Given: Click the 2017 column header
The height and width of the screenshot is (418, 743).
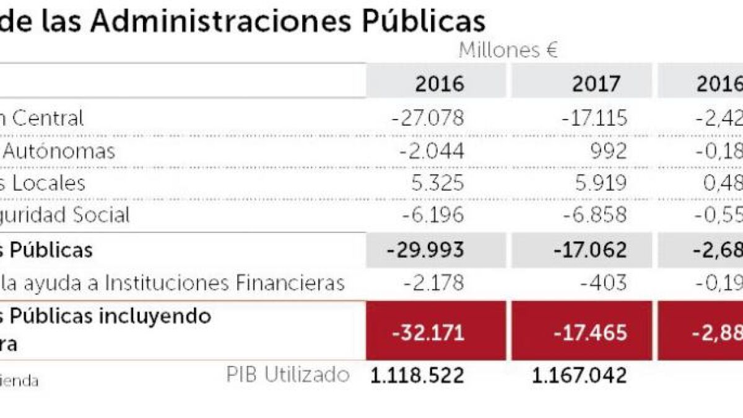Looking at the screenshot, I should point(596,84).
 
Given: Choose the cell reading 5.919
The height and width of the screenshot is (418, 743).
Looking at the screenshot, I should point(598,183).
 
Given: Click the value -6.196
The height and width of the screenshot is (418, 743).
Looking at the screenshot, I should point(431,216).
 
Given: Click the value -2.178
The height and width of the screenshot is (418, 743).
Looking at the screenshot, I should point(433,283).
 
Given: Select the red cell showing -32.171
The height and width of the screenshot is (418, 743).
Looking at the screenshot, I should point(428,333).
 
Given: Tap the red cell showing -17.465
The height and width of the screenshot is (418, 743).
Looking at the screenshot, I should point(590,333).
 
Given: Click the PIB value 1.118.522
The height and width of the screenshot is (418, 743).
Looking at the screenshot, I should point(417,375).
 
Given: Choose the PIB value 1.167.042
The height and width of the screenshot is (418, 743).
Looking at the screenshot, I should point(579,375).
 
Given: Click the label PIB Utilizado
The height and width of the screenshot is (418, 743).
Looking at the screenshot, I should point(287,374).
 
